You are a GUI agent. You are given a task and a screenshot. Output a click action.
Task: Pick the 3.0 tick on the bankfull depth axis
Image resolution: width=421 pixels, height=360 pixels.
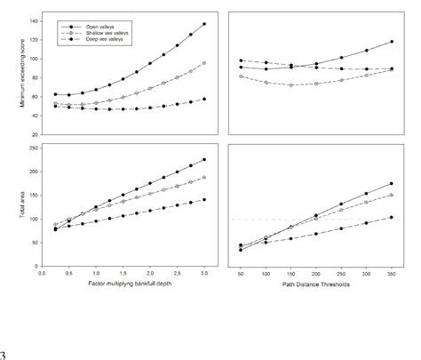(204, 274)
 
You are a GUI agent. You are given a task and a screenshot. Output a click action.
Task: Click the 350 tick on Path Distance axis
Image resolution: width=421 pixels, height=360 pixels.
(393, 274)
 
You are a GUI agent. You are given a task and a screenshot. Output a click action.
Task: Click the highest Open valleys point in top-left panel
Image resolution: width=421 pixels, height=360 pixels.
(204, 24)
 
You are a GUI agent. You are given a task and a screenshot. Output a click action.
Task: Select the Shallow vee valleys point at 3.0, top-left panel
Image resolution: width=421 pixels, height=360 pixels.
(204, 63)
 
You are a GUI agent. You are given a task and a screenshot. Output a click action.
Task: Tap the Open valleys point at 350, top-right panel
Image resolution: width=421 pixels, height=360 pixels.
(393, 42)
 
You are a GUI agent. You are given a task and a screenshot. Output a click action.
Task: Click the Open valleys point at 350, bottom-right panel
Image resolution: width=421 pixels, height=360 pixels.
(393, 184)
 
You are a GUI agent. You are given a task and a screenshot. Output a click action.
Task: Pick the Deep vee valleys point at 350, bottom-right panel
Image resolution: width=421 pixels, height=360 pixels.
(393, 217)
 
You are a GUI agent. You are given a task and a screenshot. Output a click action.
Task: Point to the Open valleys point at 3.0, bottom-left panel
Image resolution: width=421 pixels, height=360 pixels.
(204, 160)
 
